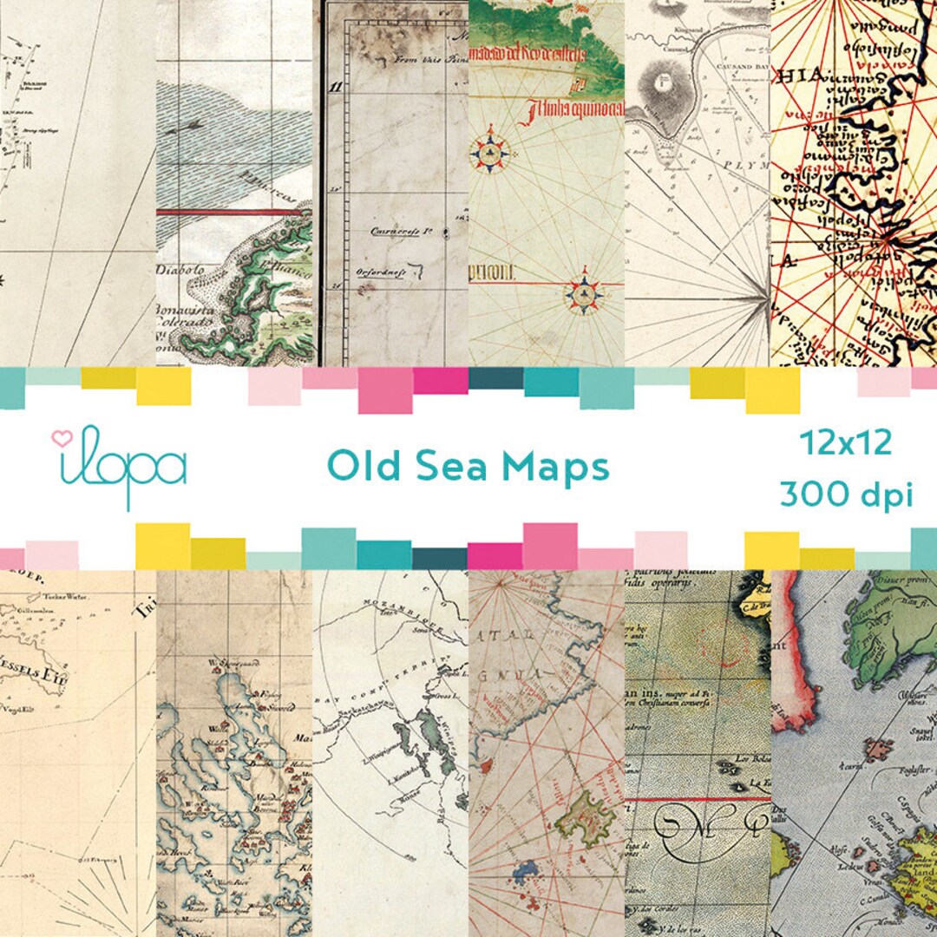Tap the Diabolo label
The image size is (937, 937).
185,269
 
